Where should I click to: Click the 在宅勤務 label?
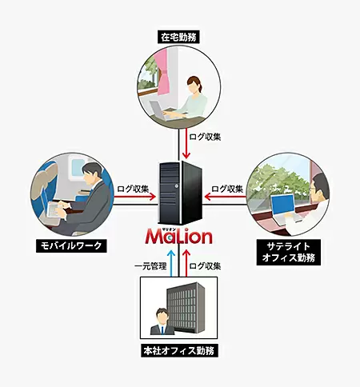(178, 37)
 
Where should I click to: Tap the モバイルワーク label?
(71, 245)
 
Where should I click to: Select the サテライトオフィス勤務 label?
(289, 252)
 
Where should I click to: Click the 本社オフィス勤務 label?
(179, 350)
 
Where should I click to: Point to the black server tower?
(180, 193)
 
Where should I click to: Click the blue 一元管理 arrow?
(171, 263)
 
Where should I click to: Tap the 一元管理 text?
(150, 266)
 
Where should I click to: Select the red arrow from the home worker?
(186, 143)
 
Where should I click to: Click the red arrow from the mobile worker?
(134, 197)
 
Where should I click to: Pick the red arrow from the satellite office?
(226, 197)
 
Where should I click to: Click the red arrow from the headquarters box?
(186, 263)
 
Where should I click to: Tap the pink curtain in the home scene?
(164, 72)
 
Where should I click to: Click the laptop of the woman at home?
(162, 111)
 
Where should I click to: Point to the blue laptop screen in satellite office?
(282, 204)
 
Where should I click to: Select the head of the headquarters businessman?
(162, 316)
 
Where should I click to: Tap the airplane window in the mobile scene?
(77, 166)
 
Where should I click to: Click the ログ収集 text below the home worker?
(205, 137)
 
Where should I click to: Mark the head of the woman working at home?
(194, 84)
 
